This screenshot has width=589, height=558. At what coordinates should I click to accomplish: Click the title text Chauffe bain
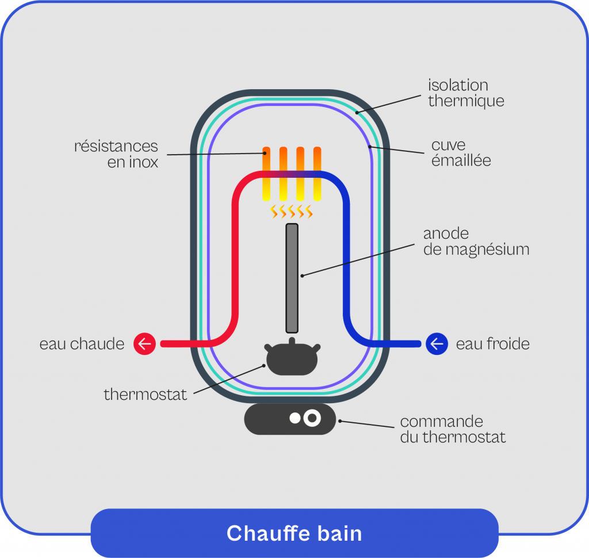click(x=294, y=533)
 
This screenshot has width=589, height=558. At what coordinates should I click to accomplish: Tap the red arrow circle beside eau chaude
click(x=144, y=344)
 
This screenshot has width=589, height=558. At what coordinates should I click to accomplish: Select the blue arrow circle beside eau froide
click(x=437, y=344)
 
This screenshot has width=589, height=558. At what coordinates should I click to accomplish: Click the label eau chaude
click(x=82, y=344)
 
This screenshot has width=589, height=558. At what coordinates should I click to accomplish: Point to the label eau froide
click(x=492, y=344)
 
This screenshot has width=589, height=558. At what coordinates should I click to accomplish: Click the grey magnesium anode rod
click(x=292, y=278)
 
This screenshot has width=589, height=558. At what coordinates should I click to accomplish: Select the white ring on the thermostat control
click(x=312, y=419)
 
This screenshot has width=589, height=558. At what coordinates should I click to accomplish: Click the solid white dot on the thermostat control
click(x=295, y=419)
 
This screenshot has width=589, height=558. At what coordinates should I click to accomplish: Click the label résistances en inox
click(x=116, y=154)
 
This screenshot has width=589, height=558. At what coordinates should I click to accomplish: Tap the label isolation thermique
click(x=466, y=93)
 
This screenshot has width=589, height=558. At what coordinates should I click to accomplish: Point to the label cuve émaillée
click(x=461, y=152)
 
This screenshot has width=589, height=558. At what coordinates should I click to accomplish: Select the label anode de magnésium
click(x=476, y=242)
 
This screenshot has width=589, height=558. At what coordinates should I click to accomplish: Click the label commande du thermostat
click(x=453, y=429)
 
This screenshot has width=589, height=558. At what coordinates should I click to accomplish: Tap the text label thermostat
click(x=146, y=395)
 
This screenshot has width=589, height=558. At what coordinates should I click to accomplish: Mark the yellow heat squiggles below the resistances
click(x=292, y=212)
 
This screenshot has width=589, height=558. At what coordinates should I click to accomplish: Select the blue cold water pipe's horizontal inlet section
click(x=397, y=344)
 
